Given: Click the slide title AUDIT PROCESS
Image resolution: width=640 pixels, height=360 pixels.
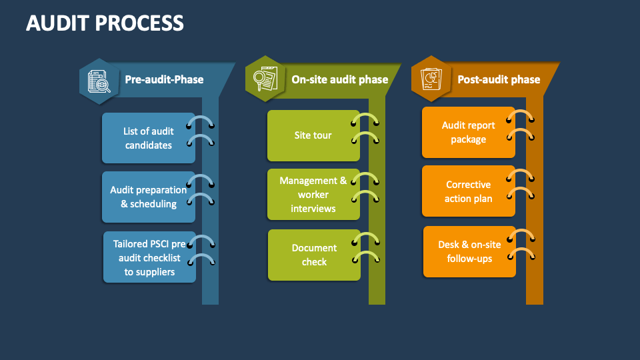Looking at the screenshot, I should coord(105,23).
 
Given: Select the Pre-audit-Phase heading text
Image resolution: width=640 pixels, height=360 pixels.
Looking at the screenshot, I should coord(164,79).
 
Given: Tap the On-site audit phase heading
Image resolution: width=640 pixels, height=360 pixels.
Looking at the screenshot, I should coord(339,79).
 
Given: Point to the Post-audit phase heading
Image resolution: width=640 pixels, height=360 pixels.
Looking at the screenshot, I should coord(499,79).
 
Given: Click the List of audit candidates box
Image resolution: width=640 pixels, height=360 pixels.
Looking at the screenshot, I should coord(148,138).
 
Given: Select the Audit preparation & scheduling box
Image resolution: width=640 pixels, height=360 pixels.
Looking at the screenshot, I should coord(148,197).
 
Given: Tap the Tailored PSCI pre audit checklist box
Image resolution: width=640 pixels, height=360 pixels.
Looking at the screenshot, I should coord(149,257).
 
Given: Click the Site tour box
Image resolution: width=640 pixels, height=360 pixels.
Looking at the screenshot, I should coord(313,135).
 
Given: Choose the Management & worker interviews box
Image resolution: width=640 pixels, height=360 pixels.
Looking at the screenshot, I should coord(313,194).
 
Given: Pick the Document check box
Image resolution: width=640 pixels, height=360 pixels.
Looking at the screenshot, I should coord(313,255).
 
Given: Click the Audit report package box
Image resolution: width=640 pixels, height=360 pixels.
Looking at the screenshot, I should coord(468,132).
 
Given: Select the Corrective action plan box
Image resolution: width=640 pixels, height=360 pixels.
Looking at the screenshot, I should coord(468,191).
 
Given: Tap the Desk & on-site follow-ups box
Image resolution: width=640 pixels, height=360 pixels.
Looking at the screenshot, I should coord(469,251).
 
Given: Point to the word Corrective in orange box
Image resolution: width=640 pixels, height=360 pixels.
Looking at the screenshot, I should coord(468,185).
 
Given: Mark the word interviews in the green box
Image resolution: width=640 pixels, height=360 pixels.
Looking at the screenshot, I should coord(313,208).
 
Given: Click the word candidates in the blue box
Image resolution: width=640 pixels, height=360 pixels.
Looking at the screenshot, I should coord(148,145).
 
